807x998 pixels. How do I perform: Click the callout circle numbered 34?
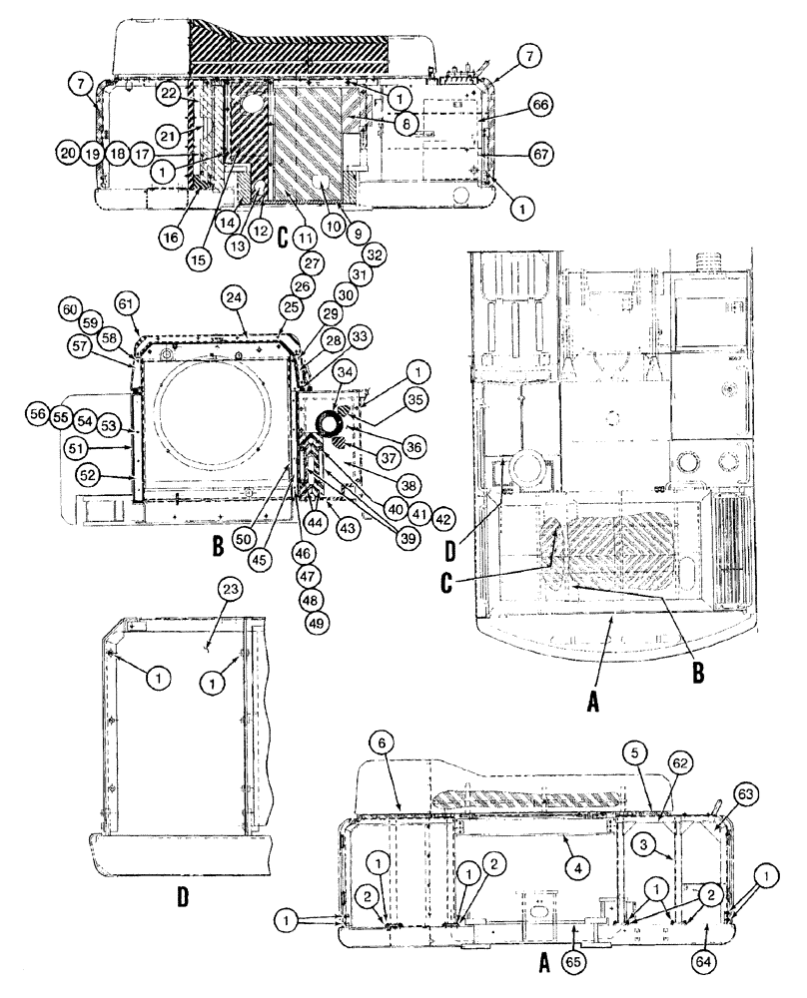point(346,372)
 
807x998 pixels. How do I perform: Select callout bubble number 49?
point(317,621)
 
